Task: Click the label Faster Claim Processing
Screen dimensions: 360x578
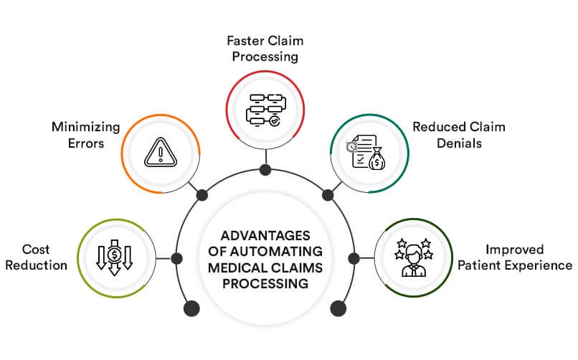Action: [x=266, y=46]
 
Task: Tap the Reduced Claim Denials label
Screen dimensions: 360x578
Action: [x=459, y=134]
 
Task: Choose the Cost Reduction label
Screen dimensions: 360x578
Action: [x=34, y=257]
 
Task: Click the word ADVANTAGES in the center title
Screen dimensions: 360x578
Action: [x=265, y=235]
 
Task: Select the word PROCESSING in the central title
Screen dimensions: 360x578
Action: [x=265, y=284]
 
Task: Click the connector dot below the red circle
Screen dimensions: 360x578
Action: [x=265, y=170]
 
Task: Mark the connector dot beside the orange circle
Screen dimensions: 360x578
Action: [x=202, y=194]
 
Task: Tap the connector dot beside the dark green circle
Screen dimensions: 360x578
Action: [x=353, y=257]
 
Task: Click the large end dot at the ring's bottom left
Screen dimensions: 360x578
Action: [x=191, y=308]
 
